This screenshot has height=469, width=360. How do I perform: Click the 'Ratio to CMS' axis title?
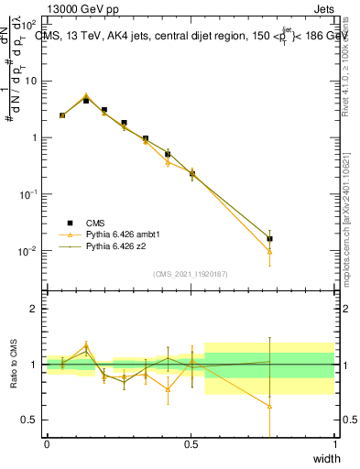[x=13, y=365]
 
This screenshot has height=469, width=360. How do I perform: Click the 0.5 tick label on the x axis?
[x=191, y=444]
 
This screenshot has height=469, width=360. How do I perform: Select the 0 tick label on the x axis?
[x=47, y=444]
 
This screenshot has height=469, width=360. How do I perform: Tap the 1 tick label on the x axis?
[x=334, y=444]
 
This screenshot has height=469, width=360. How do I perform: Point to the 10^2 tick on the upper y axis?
[x=29, y=24]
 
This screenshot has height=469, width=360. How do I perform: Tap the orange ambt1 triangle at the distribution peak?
[x=86, y=95]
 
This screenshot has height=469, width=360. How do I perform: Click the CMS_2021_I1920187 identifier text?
[x=191, y=274]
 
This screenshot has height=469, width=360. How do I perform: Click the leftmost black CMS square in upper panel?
[x=62, y=115]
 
